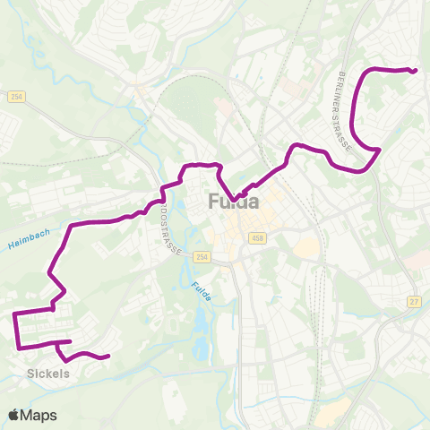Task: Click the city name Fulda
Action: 234,202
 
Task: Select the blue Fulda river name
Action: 201,291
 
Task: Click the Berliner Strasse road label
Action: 345,98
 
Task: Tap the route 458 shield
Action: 258,237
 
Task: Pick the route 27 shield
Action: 413,302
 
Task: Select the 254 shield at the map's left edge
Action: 17,96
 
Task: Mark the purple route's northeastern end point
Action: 417,71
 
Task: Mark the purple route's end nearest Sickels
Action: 107,357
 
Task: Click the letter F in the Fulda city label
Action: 213,202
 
